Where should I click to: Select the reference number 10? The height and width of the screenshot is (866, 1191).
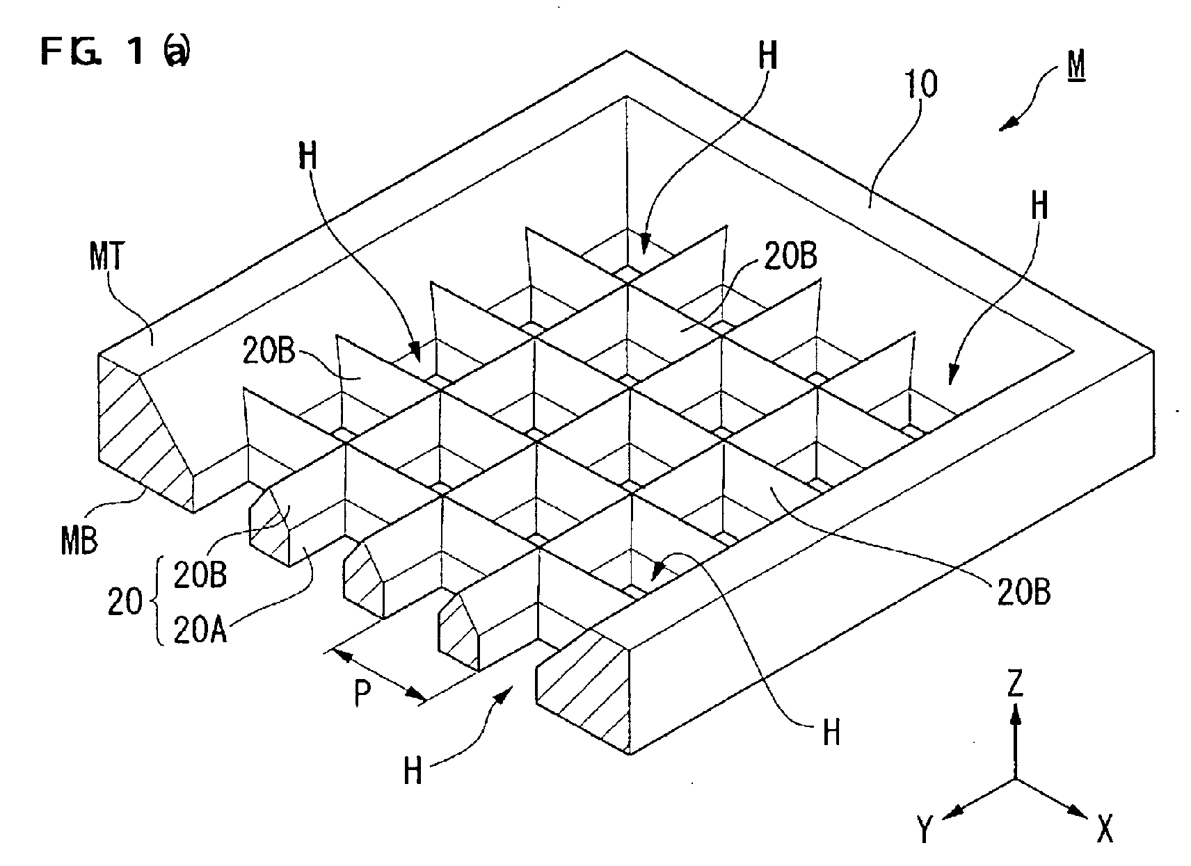(x=921, y=84)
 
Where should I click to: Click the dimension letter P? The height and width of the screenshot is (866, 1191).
(x=362, y=694)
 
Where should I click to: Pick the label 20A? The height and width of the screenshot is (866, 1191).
(x=200, y=630)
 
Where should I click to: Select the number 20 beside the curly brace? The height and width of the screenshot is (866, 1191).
(x=125, y=602)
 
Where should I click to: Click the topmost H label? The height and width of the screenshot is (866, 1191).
(x=768, y=55)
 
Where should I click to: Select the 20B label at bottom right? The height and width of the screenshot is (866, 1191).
(x=1023, y=591)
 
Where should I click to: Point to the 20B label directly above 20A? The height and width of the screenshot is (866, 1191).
(x=200, y=574)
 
